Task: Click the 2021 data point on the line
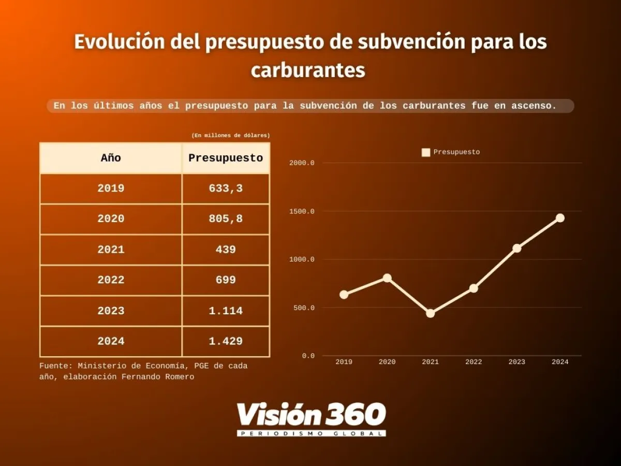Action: (x=430, y=313)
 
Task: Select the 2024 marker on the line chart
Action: (x=560, y=218)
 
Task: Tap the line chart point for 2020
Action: (x=387, y=278)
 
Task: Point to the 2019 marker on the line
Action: (x=344, y=295)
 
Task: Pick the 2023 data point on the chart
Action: (x=516, y=248)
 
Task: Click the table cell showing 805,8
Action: (x=226, y=219)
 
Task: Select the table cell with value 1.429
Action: (x=226, y=341)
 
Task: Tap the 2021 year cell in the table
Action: (x=111, y=250)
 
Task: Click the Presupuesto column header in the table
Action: (x=226, y=158)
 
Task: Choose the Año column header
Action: (x=111, y=158)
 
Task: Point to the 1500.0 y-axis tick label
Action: (x=302, y=211)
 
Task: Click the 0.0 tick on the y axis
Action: (x=308, y=356)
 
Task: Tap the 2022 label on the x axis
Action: (x=474, y=362)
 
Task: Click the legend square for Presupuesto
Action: (x=426, y=152)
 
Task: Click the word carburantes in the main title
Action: (x=308, y=70)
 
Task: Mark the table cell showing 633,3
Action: (x=226, y=188)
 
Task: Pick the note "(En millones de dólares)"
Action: (x=230, y=135)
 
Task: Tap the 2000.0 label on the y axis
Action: (x=302, y=163)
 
